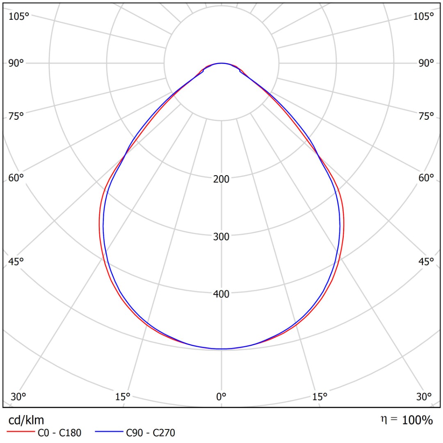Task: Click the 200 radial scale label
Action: (x=221, y=179)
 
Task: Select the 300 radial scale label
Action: (x=221, y=236)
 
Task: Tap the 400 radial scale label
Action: (x=221, y=294)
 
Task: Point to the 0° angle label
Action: (x=221, y=397)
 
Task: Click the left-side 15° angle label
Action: (x=123, y=397)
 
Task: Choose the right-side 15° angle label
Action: (x=320, y=397)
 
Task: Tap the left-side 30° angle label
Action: (x=18, y=397)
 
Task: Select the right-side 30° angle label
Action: (x=424, y=397)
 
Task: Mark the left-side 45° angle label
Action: (x=16, y=261)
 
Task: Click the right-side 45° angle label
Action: (x=426, y=261)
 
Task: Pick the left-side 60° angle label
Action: (x=16, y=178)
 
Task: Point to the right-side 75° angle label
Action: (x=426, y=116)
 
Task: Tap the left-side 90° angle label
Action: (x=16, y=63)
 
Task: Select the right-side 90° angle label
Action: (x=426, y=63)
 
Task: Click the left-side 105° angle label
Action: (x=19, y=16)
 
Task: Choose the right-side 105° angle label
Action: (x=424, y=16)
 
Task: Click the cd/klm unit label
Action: (x=26, y=420)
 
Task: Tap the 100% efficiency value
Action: (x=417, y=420)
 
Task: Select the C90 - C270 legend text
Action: (x=151, y=432)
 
